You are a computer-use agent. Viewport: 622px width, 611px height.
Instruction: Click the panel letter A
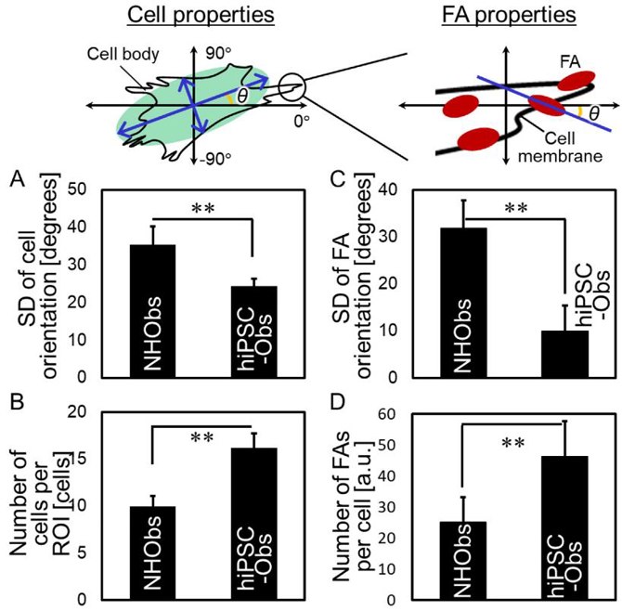(x=17, y=182)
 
